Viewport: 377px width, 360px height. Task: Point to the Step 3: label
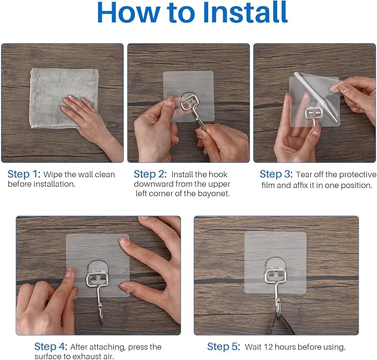tap(276, 174)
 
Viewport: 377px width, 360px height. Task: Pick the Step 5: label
tap(223, 347)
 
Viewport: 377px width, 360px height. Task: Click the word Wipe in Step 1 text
tap(54, 174)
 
